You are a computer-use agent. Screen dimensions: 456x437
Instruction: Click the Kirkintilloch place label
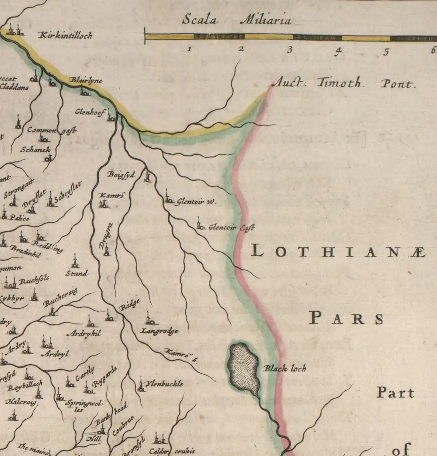[x=66, y=35]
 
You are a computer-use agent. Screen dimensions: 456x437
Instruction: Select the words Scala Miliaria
[x=236, y=20]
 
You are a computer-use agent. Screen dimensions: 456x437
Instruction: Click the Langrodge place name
[x=159, y=331]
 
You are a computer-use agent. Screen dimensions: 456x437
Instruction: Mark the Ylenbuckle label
[x=164, y=384]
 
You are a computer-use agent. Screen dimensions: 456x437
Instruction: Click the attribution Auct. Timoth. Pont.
[x=343, y=83]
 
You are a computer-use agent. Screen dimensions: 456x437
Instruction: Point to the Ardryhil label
[x=83, y=333]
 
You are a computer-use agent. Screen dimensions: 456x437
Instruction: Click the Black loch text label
[x=284, y=369]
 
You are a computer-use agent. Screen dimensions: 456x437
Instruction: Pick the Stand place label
[x=76, y=273]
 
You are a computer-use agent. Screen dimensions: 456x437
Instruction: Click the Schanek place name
[x=35, y=150]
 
